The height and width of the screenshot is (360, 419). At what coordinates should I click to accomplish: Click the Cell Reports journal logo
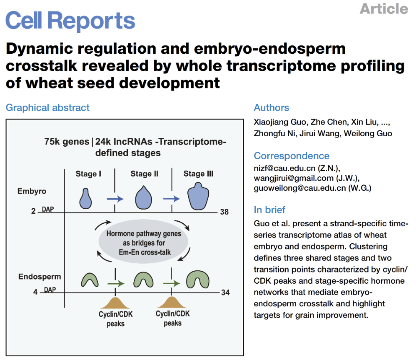70,20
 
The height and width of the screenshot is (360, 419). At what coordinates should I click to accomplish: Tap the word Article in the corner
384,8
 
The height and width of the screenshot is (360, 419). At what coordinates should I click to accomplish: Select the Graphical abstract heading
47,107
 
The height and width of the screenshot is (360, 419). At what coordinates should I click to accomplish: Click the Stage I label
88,174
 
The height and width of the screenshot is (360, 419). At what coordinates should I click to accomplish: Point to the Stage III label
198,174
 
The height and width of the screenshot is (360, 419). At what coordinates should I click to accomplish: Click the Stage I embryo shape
86,198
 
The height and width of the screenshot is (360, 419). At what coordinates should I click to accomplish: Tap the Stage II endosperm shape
142,280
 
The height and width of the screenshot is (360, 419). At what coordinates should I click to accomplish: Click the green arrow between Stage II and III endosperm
172,283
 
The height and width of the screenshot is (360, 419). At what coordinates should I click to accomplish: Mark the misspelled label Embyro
32,192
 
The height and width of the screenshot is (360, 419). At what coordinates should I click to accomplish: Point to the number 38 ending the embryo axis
224,212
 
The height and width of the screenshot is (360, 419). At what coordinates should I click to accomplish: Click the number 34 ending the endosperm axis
225,292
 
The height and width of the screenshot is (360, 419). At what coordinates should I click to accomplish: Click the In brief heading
269,210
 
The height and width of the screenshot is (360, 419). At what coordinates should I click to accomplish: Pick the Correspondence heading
292,156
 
